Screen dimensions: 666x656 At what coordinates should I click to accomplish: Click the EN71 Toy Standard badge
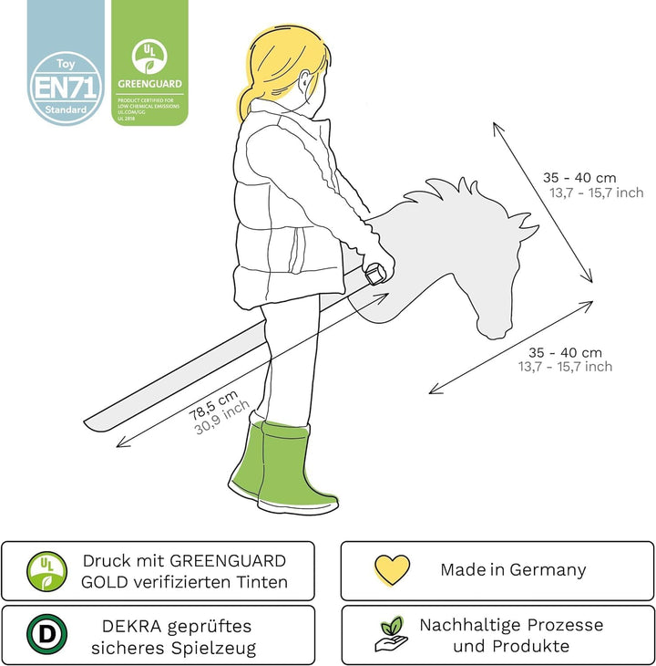point(66,88)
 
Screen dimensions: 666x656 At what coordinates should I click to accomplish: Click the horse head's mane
point(446,196)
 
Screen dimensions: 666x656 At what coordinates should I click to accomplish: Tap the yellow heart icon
point(392,569)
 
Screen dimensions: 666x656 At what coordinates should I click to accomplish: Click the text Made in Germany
point(513,570)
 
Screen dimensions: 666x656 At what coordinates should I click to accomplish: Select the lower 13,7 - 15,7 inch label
point(566,367)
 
